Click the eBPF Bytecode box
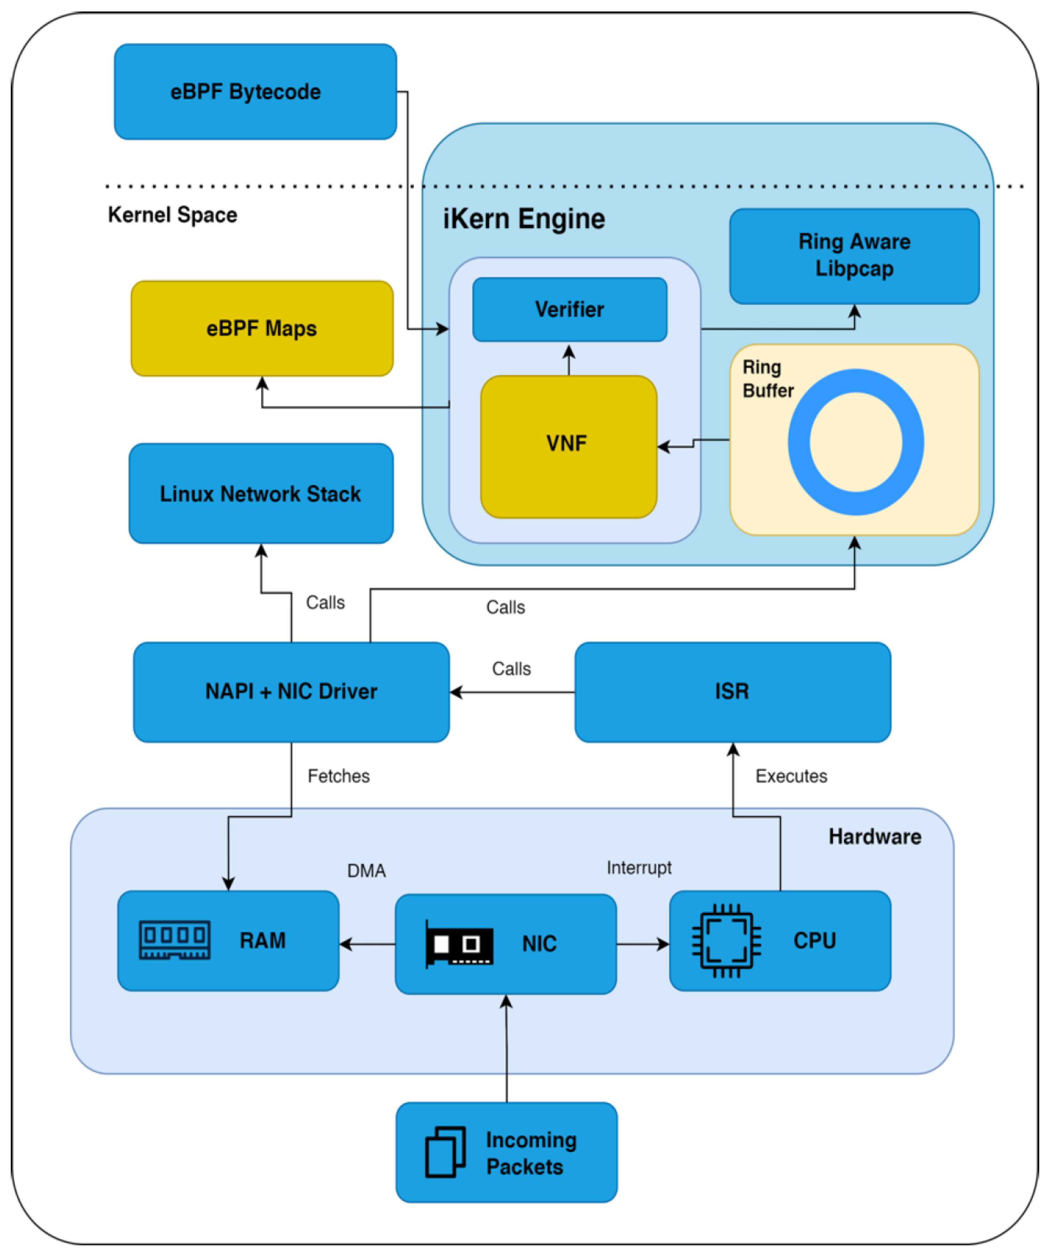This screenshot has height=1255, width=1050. [x=255, y=91]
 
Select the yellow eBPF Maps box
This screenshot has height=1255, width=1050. [x=262, y=328]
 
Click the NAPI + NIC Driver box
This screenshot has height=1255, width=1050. [x=291, y=691]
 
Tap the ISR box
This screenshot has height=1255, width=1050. [x=732, y=691]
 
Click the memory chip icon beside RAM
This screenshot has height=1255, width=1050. [x=174, y=940]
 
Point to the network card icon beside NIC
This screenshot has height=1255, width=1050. [x=459, y=944]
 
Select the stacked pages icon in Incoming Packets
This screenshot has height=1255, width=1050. [x=445, y=1152]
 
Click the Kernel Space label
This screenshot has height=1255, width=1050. [x=172, y=215]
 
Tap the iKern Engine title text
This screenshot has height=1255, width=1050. [x=524, y=219]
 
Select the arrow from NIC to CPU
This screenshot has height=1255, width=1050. [x=642, y=944]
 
